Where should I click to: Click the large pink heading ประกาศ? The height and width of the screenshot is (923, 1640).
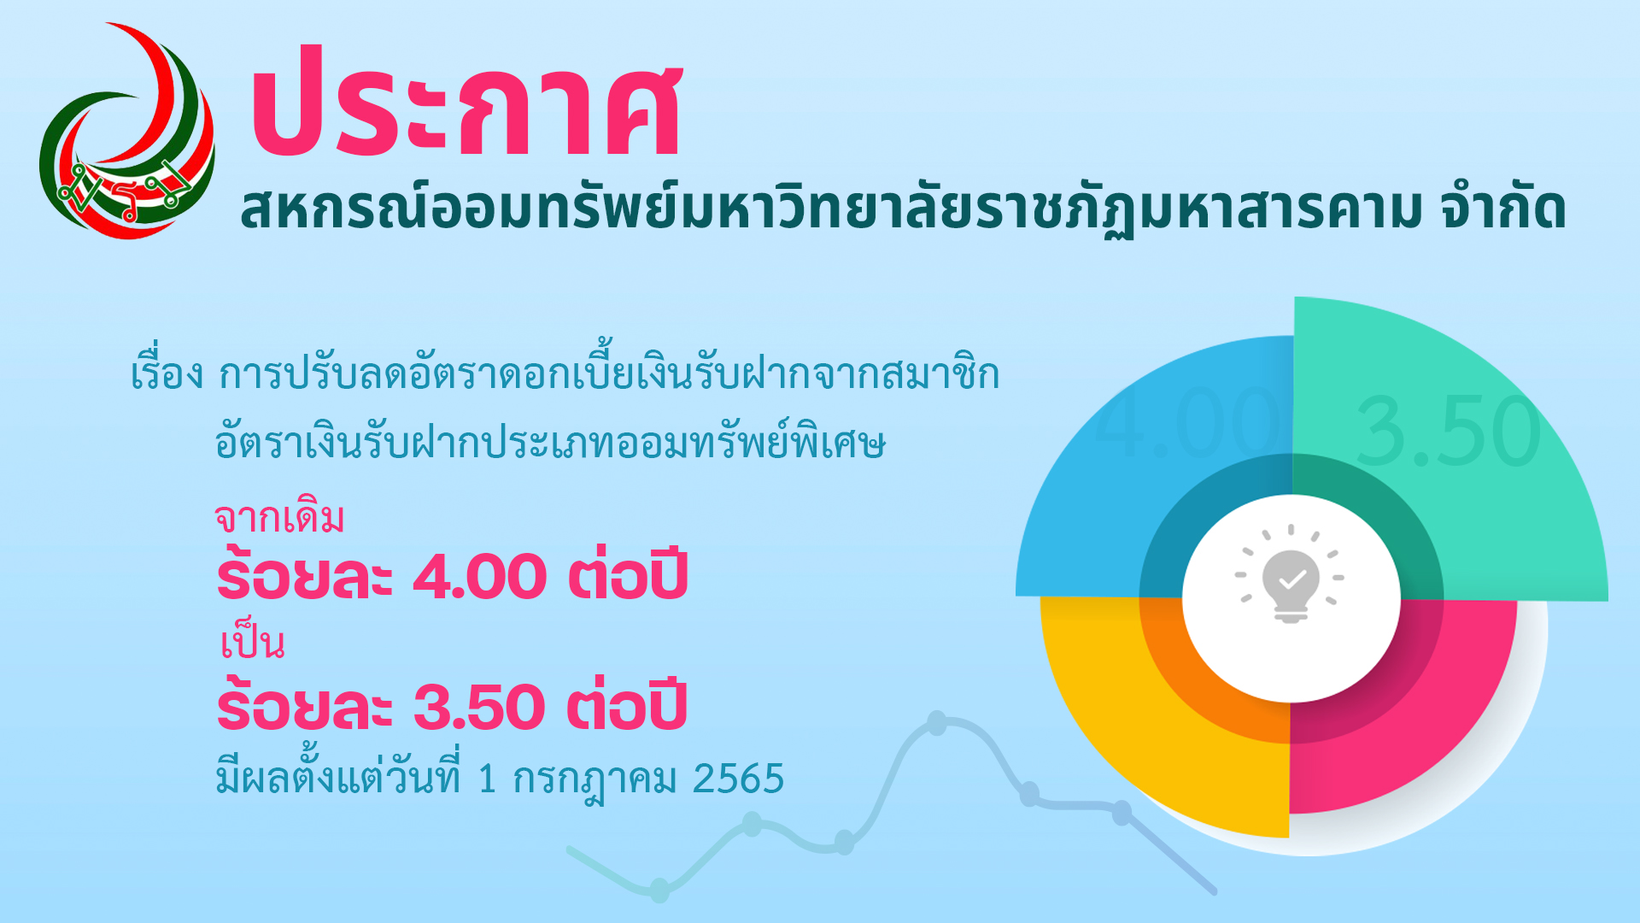[466, 101]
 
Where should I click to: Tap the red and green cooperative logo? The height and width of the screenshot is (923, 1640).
[128, 131]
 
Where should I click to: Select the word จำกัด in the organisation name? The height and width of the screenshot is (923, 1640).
[1503, 208]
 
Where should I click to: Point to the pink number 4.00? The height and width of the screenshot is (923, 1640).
[479, 576]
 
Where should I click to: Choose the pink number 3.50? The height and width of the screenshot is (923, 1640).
[479, 707]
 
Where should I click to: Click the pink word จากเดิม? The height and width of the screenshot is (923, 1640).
[279, 517]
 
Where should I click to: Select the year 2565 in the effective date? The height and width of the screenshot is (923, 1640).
[738, 779]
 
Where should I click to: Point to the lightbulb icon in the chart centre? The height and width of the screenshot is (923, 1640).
[1291, 574]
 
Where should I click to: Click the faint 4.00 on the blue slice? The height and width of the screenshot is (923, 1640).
[1187, 421]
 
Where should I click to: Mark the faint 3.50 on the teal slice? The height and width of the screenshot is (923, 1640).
[1448, 432]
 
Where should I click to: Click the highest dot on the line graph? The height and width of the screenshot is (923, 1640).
[937, 723]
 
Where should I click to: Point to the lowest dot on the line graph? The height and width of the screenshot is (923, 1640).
[659, 890]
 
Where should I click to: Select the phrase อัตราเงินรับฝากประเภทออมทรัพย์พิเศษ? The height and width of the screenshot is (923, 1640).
[550, 443]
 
